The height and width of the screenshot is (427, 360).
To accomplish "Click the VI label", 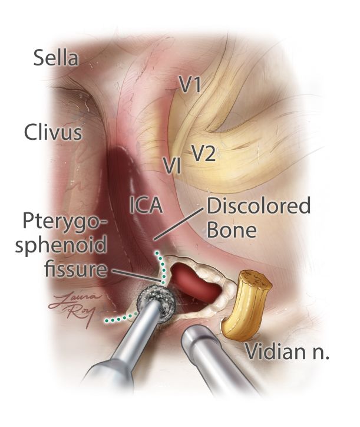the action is (x=172, y=166).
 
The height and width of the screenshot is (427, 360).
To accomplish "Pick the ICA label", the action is (x=146, y=205).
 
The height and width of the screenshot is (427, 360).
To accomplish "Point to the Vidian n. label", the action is (x=287, y=354).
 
